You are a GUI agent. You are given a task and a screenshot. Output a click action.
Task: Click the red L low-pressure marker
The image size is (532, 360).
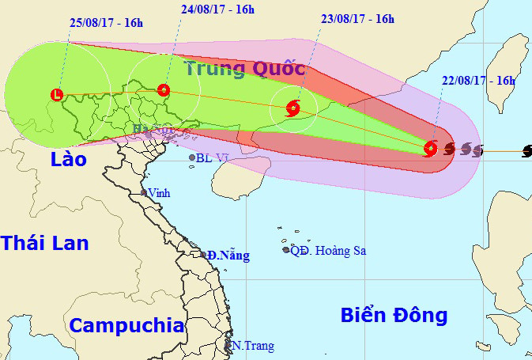[x=56, y=95]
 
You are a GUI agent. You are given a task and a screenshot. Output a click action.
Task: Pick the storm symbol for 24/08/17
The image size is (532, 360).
[x=163, y=90]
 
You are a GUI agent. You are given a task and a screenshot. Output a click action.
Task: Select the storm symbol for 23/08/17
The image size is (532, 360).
[x=292, y=108]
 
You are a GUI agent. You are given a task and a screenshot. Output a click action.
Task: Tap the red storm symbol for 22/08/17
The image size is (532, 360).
[x=430, y=148]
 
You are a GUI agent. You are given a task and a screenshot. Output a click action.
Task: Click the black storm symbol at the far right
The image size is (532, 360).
[x=526, y=150]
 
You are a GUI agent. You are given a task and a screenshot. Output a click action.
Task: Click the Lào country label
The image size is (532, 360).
[x=67, y=159]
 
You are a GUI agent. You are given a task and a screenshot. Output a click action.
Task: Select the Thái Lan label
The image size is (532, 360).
[x=44, y=242]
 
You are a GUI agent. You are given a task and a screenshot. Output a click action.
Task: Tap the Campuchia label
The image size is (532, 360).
[x=126, y=325]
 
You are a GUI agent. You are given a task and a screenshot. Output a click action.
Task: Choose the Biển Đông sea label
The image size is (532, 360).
[x=394, y=315]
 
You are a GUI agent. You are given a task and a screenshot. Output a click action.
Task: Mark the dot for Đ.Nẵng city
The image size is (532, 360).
[x=203, y=255]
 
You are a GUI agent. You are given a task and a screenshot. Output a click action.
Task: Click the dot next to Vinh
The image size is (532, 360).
[x=143, y=193]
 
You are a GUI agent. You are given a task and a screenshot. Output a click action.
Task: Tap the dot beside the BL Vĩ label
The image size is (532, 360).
[x=192, y=158]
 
